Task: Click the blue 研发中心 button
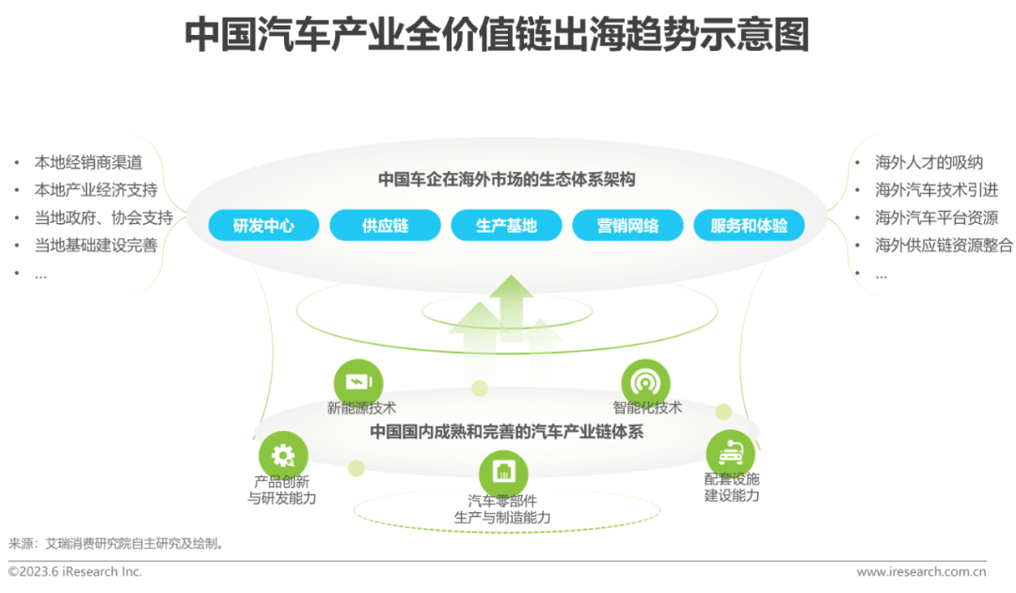(x=263, y=226)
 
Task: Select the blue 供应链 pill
(x=386, y=226)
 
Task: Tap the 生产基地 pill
(x=507, y=226)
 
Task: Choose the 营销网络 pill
(x=627, y=226)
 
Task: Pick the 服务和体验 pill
(x=749, y=226)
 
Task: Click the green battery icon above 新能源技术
(x=358, y=382)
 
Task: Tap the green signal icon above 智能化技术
(x=645, y=383)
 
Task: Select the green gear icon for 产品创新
(x=283, y=456)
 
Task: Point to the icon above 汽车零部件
(x=503, y=473)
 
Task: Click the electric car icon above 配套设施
(x=731, y=453)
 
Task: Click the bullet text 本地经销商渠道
(x=88, y=162)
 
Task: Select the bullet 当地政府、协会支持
(x=103, y=217)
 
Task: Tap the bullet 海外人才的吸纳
(x=929, y=162)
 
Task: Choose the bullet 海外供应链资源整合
(x=944, y=245)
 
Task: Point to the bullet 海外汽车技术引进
(x=936, y=190)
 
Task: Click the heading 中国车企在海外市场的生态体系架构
(x=507, y=180)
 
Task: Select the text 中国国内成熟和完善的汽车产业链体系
(x=507, y=432)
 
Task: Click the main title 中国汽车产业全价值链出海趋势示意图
(x=497, y=34)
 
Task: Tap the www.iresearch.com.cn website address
(x=921, y=571)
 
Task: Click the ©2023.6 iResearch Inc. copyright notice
(x=74, y=571)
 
